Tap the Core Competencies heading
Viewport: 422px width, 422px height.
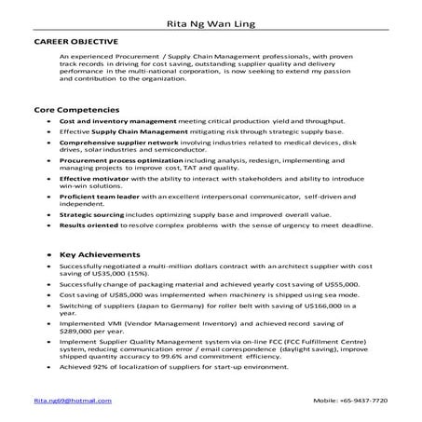72,110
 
